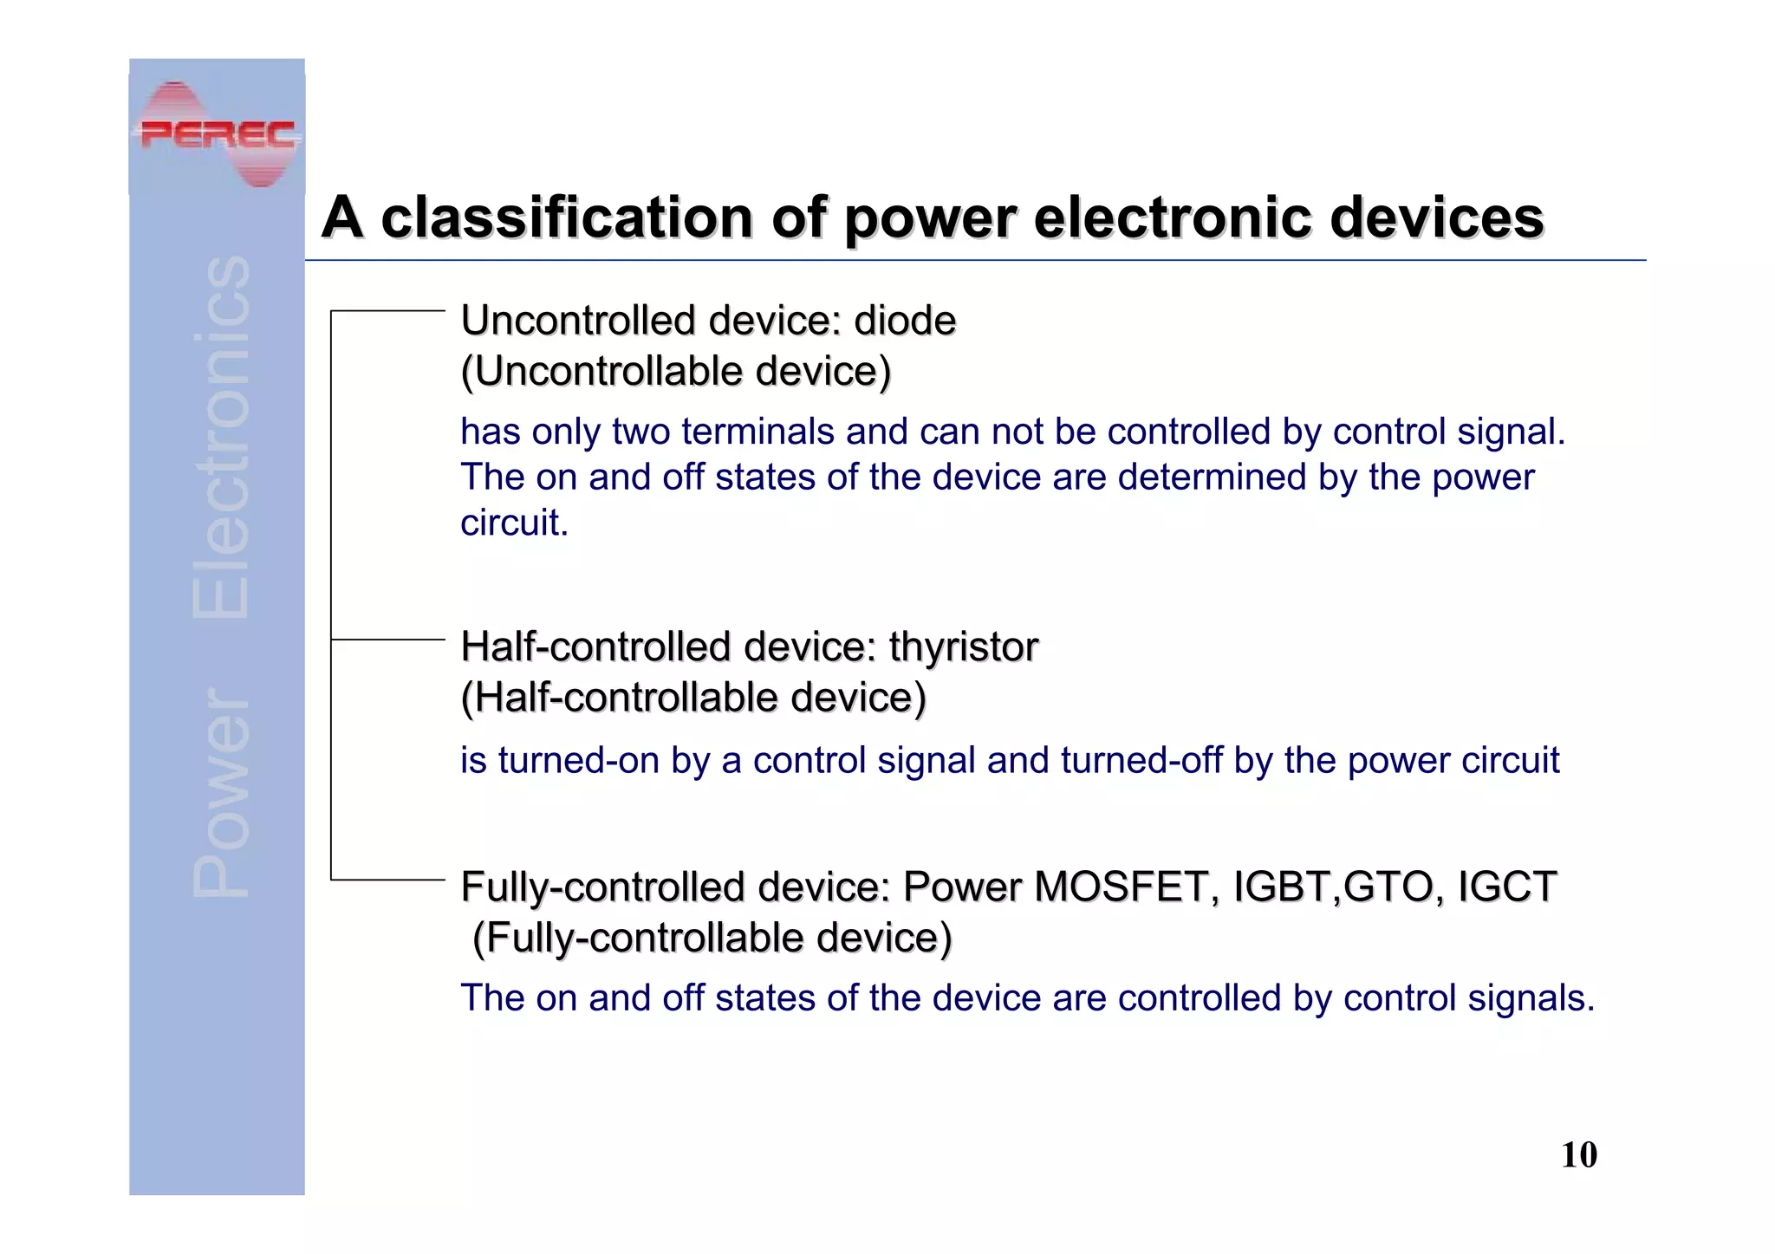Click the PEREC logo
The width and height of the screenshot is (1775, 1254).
218,134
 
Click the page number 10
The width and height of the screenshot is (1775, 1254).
1578,1155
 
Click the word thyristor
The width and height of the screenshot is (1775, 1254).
963,646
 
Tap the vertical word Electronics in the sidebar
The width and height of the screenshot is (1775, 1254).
221,438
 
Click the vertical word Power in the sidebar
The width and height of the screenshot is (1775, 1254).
221,793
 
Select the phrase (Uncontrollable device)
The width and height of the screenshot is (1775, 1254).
675,372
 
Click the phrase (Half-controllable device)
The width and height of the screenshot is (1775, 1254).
692,698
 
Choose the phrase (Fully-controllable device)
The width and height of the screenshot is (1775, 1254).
712,938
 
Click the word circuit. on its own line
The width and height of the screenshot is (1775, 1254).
514,523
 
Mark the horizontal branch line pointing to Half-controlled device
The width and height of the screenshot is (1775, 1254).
387,640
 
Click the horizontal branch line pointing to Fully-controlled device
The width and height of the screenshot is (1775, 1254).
387,880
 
